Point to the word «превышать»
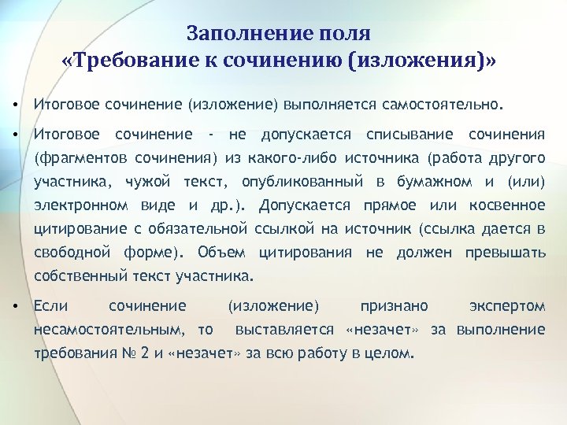click(x=506, y=253)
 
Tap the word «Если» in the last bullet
click(x=51, y=305)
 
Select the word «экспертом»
click(x=506, y=305)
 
